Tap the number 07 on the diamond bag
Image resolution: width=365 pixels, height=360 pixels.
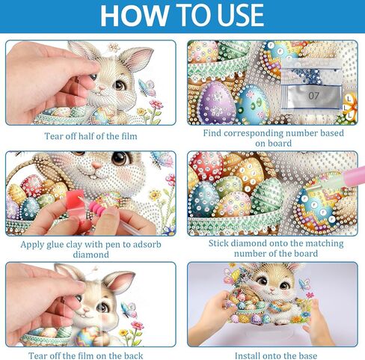coord(313,96)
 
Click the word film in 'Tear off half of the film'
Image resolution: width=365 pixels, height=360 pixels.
coord(129,136)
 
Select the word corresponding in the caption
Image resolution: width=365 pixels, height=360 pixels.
coord(254,133)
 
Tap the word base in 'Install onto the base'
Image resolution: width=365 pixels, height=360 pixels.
coord(308,356)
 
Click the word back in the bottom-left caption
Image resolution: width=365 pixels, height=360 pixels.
coord(134,356)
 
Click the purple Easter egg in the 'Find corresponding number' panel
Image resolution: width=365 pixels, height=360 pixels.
coord(218,102)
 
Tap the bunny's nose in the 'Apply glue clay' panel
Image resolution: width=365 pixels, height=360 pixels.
coord(96,165)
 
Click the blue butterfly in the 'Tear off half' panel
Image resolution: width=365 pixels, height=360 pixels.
coord(147,88)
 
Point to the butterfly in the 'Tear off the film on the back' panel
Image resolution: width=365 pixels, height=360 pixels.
coord(129,309)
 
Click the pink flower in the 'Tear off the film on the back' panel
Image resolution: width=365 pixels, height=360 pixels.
coord(138,325)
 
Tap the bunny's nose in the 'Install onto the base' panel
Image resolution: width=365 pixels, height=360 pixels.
coord(272,290)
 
